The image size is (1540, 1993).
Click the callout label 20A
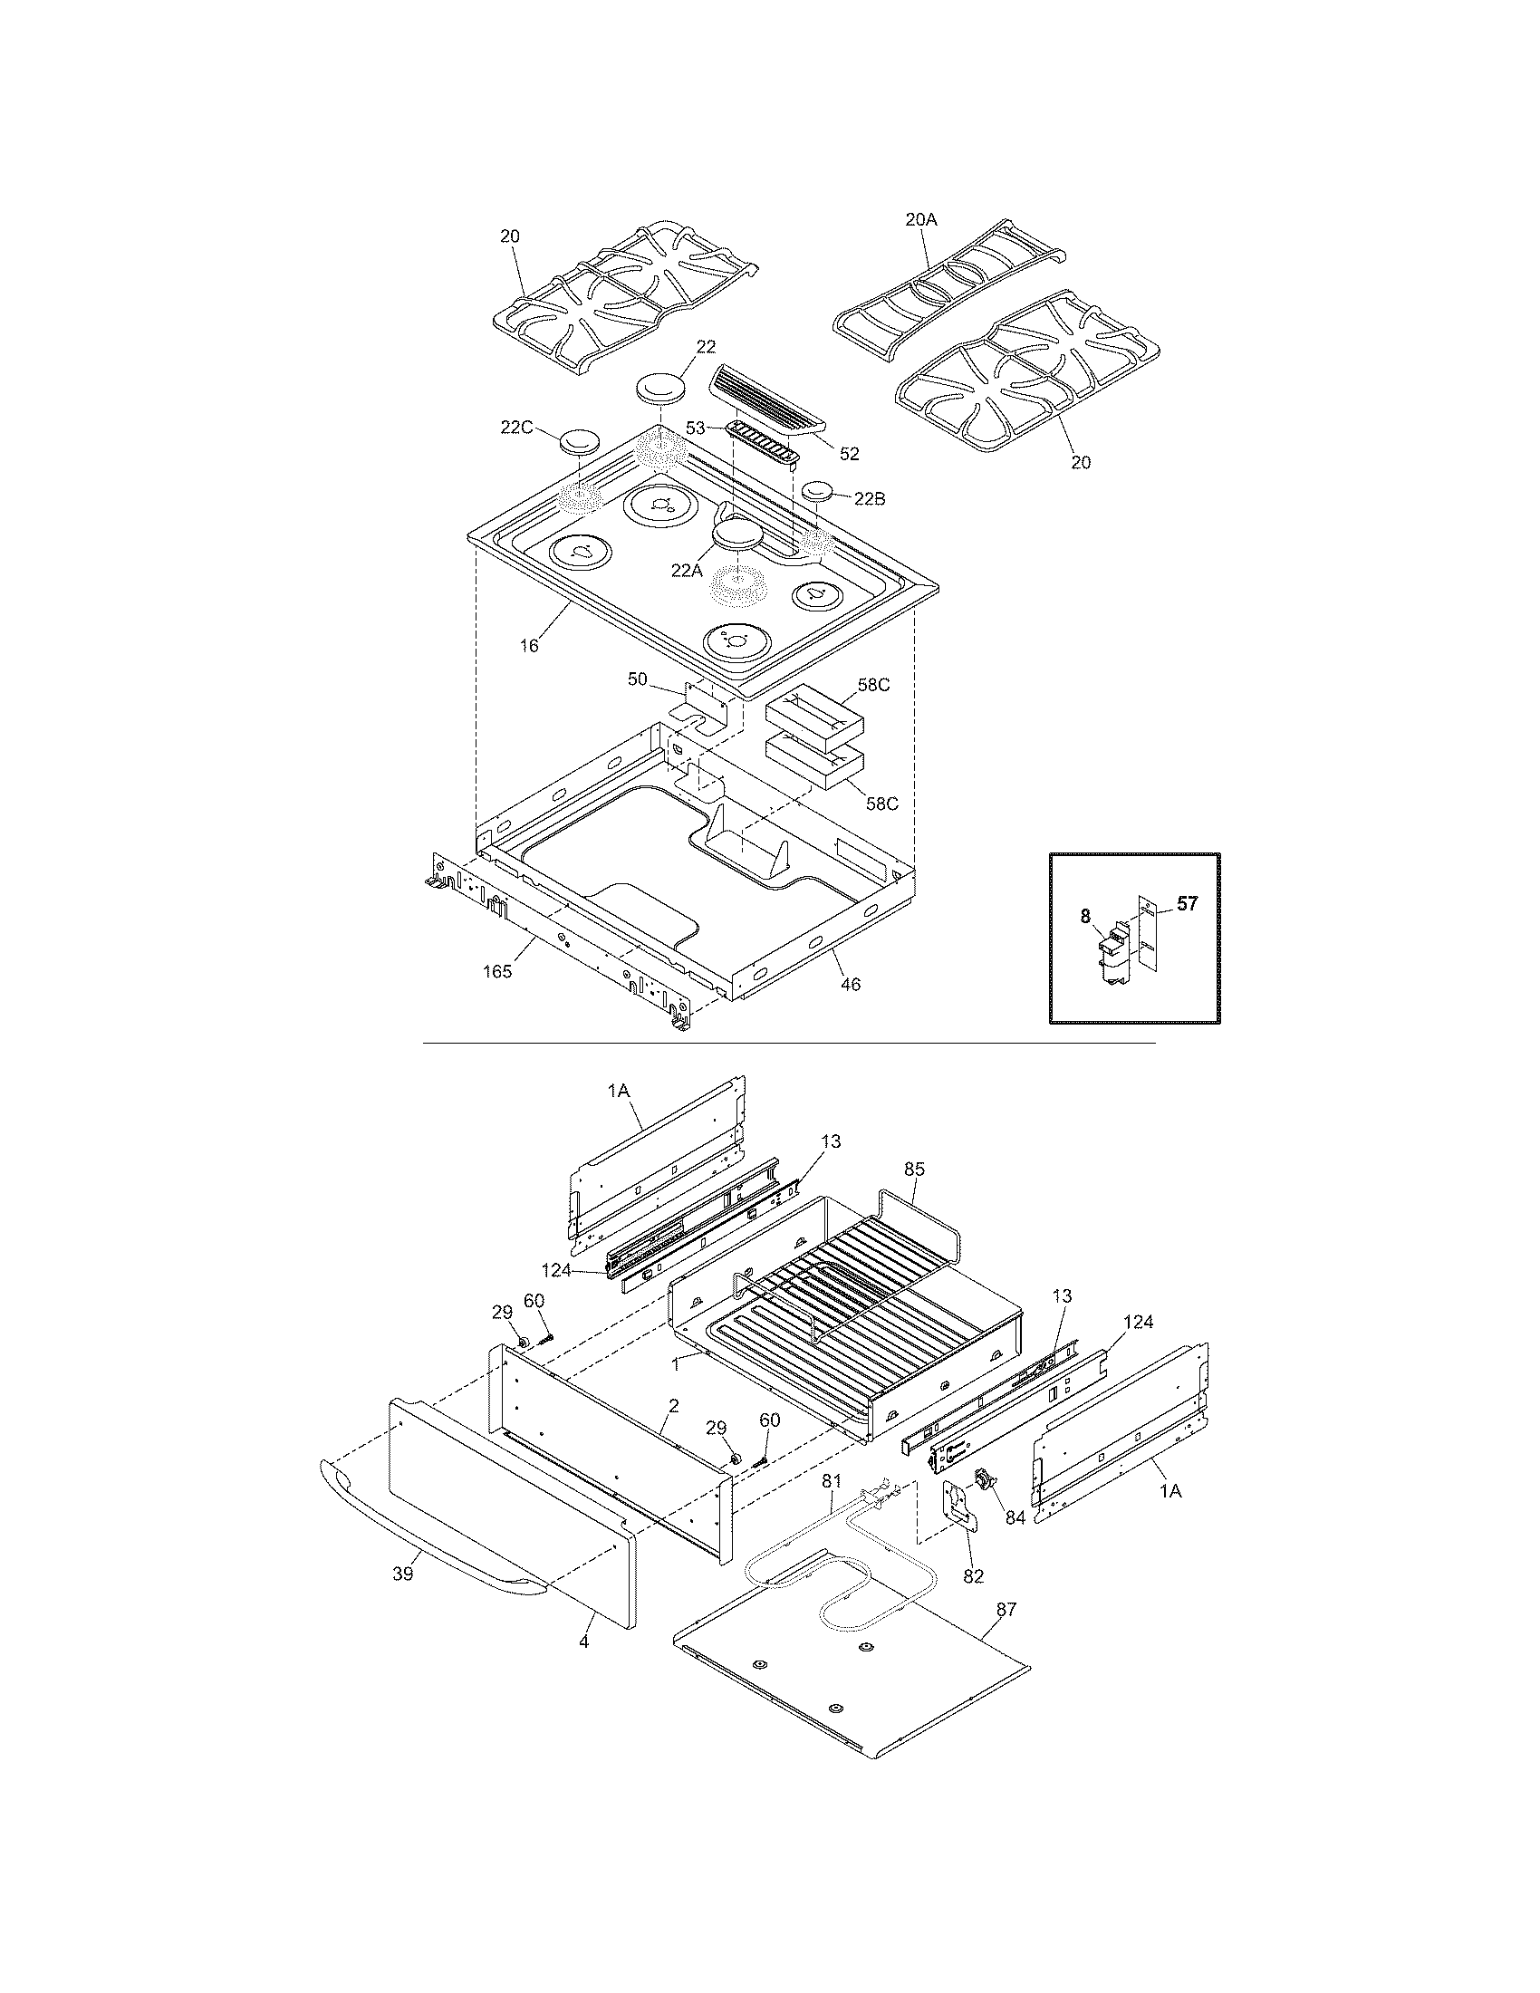[x=921, y=219]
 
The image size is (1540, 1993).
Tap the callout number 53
[x=696, y=427]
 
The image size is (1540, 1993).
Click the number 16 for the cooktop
[x=529, y=646]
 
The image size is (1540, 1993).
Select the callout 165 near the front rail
[x=497, y=971]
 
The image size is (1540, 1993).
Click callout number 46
[x=851, y=984]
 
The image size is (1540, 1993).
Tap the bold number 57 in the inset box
[x=1188, y=904]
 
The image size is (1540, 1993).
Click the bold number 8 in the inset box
[x=1085, y=915]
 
